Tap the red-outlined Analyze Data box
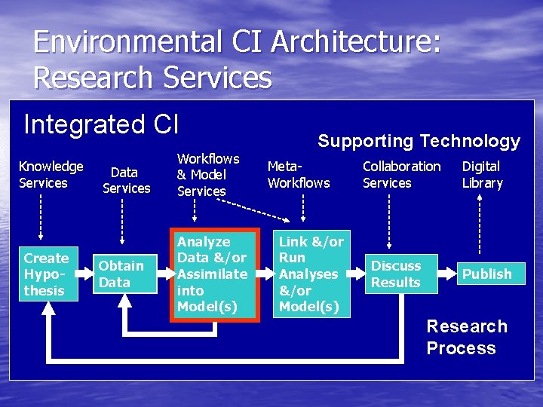point(214,274)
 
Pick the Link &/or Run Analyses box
point(311,274)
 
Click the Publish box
point(486,274)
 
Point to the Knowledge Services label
point(51,174)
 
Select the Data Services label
point(126,180)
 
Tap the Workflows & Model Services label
point(207,175)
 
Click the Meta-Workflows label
point(299,174)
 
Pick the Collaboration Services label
point(401,174)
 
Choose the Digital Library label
point(482,174)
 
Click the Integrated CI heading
point(101,124)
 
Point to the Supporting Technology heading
point(419,141)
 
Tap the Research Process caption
point(466,337)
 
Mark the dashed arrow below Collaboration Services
point(388,219)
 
